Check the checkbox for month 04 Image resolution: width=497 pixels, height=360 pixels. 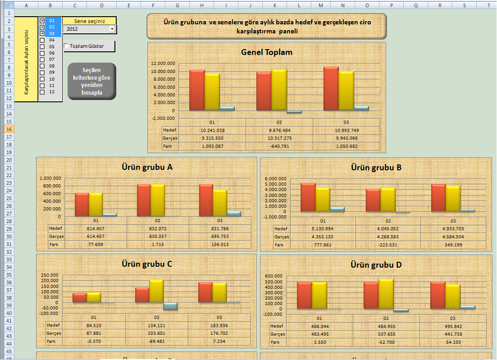pyautogui.click(x=42, y=40)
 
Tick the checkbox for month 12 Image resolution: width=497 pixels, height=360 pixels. pyautogui.click(x=42, y=92)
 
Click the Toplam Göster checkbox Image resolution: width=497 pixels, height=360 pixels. pyautogui.click(x=66, y=46)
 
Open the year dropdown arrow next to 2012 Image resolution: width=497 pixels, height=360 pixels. pyautogui.click(x=112, y=29)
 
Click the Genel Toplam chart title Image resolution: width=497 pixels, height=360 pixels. pyautogui.click(x=267, y=52)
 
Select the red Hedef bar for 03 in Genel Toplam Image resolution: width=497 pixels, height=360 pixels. pyautogui.click(x=331, y=88)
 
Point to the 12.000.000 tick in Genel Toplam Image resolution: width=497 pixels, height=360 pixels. pyautogui.click(x=164, y=64)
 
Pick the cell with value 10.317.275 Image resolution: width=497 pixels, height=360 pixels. pyautogui.click(x=279, y=138)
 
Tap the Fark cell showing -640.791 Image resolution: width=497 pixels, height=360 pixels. pyautogui.click(x=279, y=146)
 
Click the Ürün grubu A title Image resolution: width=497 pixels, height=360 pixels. pyautogui.click(x=147, y=167)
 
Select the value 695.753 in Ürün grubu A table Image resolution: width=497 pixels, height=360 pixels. pyautogui.click(x=219, y=237)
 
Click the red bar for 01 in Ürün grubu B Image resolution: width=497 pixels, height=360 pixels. pyautogui.click(x=308, y=197)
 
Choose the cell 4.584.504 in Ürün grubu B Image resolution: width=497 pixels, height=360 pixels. pyautogui.click(x=453, y=237)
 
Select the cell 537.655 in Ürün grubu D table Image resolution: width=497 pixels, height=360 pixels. pyautogui.click(x=386, y=334)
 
